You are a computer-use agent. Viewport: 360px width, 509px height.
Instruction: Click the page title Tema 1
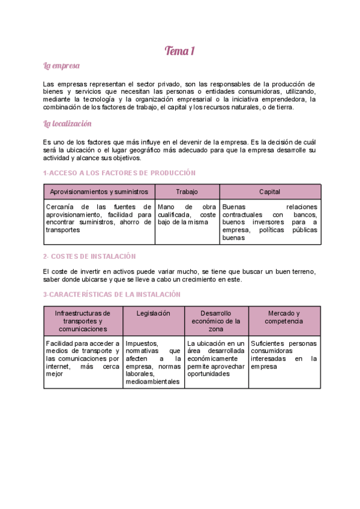[180, 51]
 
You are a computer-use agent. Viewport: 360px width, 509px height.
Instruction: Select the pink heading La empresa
[62, 65]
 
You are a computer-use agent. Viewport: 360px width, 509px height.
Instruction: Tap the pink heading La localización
[67, 124]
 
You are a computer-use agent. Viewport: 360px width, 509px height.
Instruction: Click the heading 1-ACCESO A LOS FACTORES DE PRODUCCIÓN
[119, 173]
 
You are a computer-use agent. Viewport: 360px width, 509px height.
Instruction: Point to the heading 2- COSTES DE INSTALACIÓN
[89, 256]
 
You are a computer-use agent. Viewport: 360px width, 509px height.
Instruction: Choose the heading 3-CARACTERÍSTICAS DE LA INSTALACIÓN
[112, 295]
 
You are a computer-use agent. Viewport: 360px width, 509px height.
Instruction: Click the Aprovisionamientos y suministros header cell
[99, 192]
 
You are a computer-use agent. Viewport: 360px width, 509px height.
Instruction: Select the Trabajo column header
[187, 192]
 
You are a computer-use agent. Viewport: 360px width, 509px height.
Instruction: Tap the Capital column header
[269, 192]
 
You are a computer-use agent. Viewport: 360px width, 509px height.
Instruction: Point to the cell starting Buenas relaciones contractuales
[269, 222]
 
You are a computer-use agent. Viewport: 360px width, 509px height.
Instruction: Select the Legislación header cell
[153, 313]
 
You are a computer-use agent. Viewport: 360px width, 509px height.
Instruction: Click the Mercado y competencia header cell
[284, 318]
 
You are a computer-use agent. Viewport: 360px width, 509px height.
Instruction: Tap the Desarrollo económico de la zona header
[216, 321]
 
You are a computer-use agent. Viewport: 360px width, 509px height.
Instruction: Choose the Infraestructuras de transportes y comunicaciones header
[83, 321]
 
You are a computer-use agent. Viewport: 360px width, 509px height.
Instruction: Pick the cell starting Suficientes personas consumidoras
[284, 355]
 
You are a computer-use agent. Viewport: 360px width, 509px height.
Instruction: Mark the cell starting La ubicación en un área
[216, 358]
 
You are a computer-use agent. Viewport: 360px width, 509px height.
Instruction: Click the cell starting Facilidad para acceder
[83, 358]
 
